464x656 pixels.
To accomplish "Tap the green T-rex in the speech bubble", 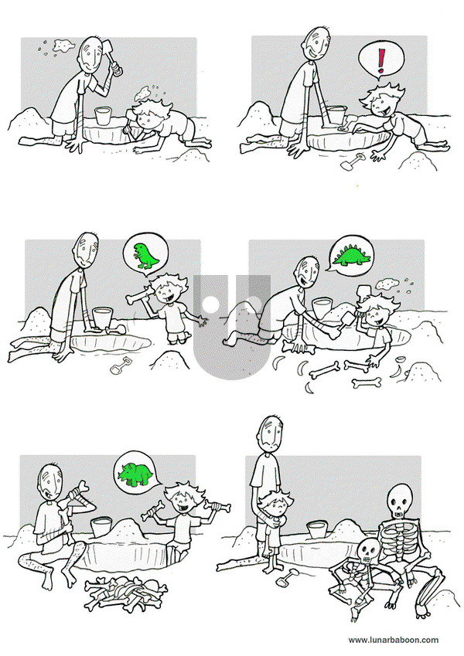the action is [145, 256].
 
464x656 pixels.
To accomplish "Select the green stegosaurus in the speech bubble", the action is [352, 256].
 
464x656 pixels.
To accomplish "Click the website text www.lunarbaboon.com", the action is [394, 640].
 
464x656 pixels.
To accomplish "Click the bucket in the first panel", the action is [104, 115].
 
